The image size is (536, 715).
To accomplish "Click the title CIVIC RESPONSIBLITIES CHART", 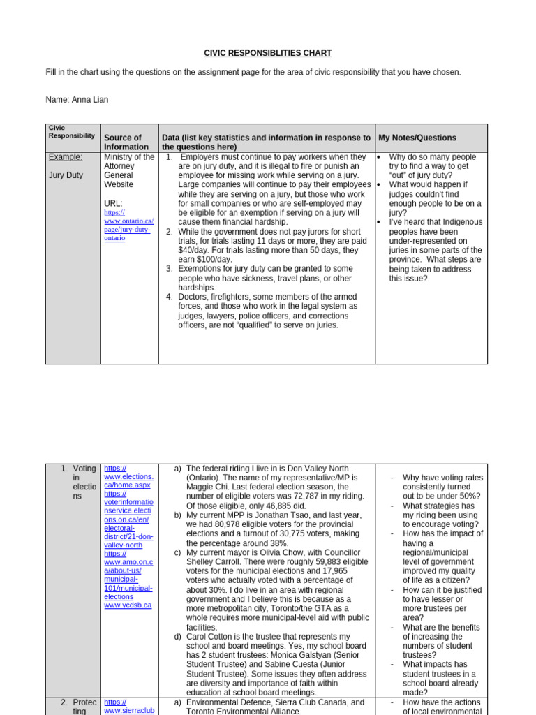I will [267, 53].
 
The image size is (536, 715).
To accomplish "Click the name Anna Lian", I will [90, 100].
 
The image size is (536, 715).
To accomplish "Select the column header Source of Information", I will [126, 142].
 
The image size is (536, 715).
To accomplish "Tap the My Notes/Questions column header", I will [417, 138].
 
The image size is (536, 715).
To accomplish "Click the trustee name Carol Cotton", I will [211, 637].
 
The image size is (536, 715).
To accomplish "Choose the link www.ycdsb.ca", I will [128, 605].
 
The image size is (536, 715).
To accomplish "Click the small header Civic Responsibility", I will [71, 132].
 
